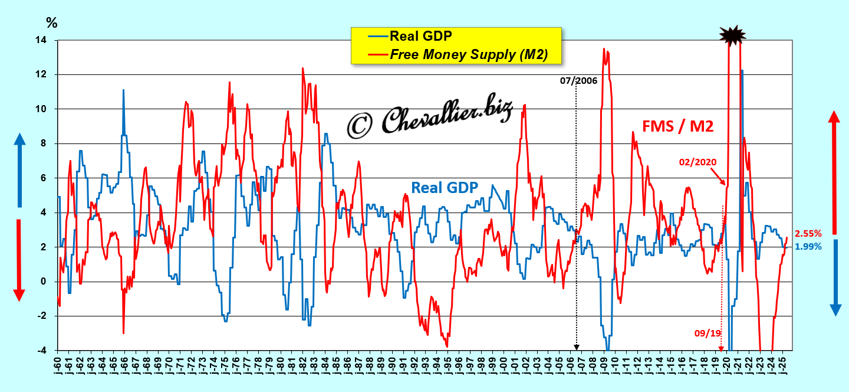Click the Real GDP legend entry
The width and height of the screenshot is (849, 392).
pyautogui.click(x=420, y=36)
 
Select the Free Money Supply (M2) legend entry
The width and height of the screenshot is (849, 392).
pyautogui.click(x=469, y=54)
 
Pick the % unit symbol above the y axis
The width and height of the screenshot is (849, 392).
pyautogui.click(x=52, y=23)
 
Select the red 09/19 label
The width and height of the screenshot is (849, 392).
pyautogui.click(x=707, y=334)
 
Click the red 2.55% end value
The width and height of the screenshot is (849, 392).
pyautogui.click(x=808, y=233)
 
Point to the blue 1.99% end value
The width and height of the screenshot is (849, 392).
pyautogui.click(x=808, y=247)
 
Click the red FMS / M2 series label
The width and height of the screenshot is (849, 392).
pyautogui.click(x=678, y=125)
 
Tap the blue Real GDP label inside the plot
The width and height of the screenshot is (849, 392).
pyautogui.click(x=444, y=188)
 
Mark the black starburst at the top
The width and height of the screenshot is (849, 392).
pyautogui.click(x=733, y=36)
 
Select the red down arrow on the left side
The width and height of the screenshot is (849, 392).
pyautogui.click(x=19, y=260)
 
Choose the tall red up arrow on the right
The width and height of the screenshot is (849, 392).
pyautogui.click(x=834, y=171)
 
